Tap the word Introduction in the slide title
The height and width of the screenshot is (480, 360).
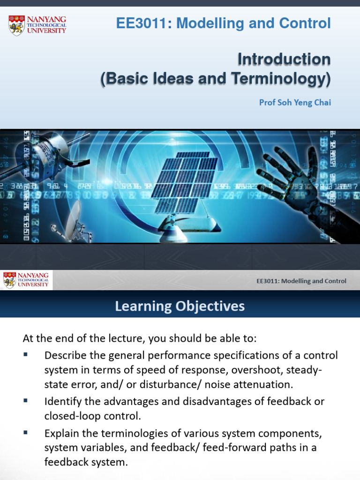pyautogui.click(x=284, y=60)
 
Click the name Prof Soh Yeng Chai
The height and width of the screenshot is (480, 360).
pyautogui.click(x=295, y=102)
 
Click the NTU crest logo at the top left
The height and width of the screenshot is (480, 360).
pyautogui.click(x=16, y=25)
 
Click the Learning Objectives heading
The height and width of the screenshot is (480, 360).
pyautogui.click(x=180, y=307)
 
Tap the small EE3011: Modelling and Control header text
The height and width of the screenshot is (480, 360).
pyautogui.click(x=301, y=281)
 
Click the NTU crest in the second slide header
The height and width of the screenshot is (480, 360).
pyautogui.click(x=9, y=280)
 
